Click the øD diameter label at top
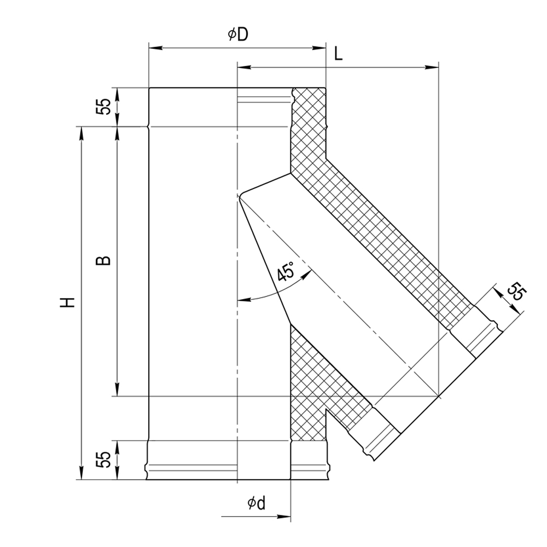(x=238, y=34)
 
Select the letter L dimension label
(x=338, y=54)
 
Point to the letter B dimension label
(x=103, y=260)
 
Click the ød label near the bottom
(x=257, y=503)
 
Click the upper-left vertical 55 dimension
(x=103, y=107)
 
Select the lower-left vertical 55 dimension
(x=103, y=459)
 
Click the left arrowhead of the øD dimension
(x=155, y=48)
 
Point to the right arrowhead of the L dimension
(x=432, y=67)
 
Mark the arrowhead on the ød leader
(x=284, y=516)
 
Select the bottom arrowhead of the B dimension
(x=117, y=389)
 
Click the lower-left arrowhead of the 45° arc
(x=244, y=299)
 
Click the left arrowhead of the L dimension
(x=244, y=67)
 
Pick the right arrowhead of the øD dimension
(x=319, y=48)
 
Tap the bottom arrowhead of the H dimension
(x=82, y=473)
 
